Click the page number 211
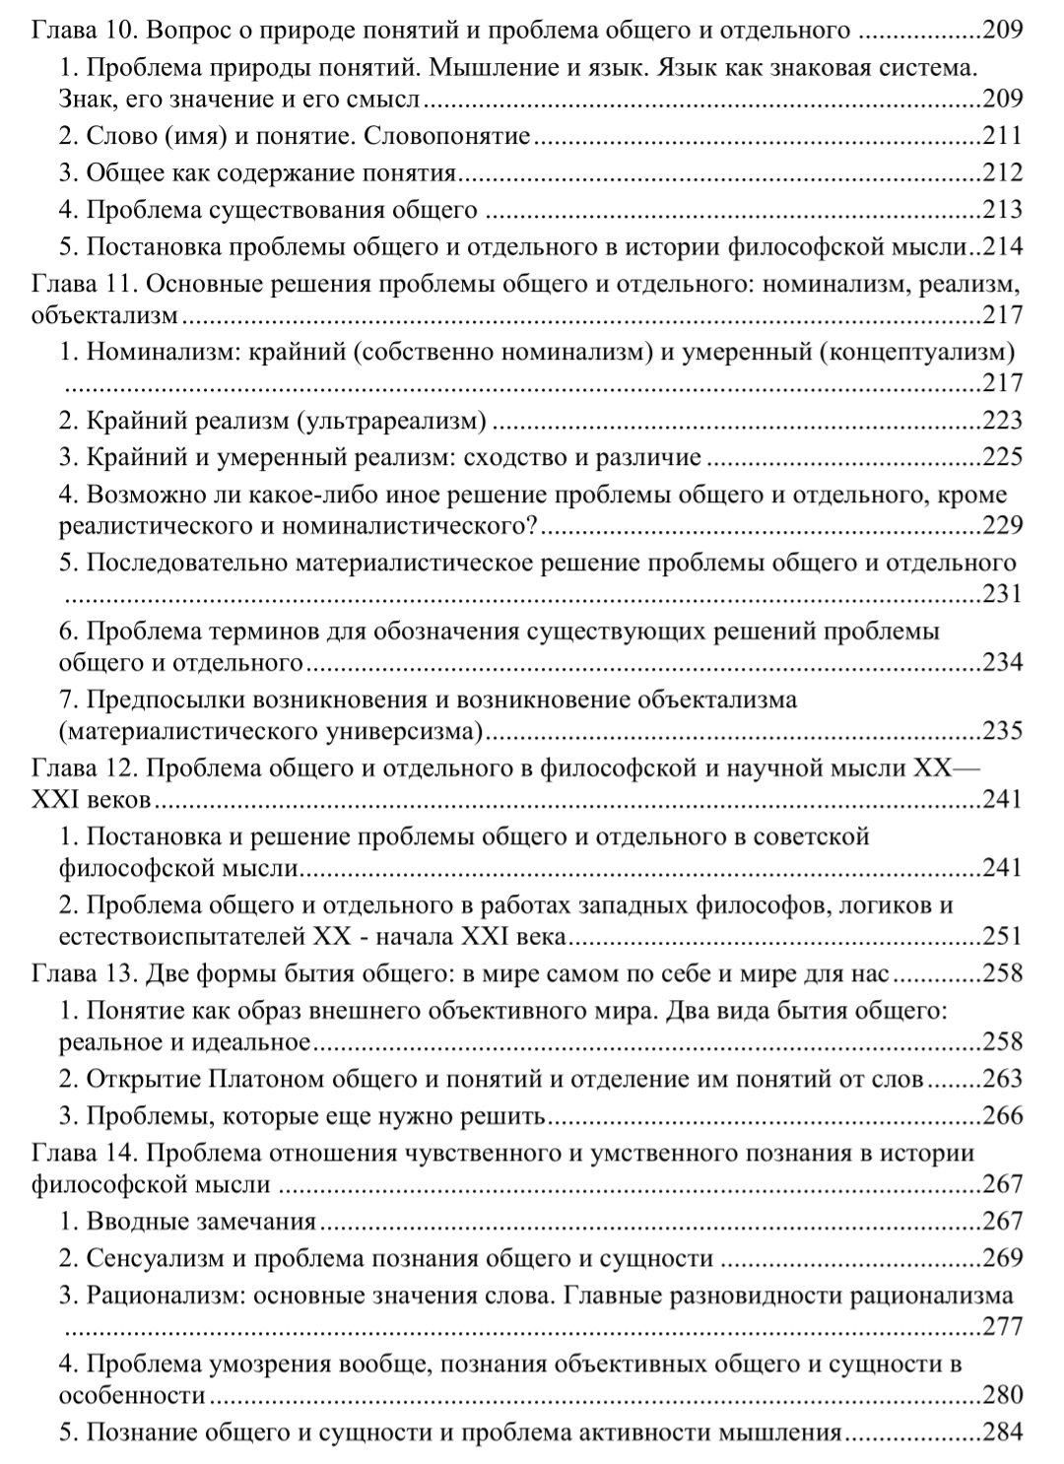pyautogui.click(x=1003, y=136)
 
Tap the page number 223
pyautogui.click(x=1003, y=421)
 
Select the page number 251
pyautogui.click(x=1003, y=936)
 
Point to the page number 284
pyautogui.click(x=1003, y=1432)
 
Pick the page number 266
pyautogui.click(x=1003, y=1116)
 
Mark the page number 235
pyautogui.click(x=1003, y=731)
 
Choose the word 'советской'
pyautogui.click(x=812, y=837)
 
